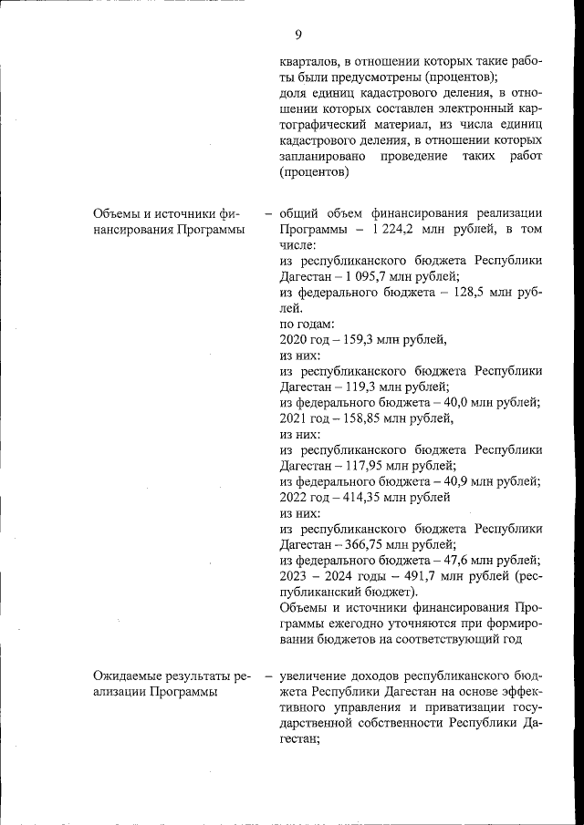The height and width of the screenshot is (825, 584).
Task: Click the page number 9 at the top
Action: click(298, 35)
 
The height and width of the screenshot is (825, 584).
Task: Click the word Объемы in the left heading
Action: click(117, 213)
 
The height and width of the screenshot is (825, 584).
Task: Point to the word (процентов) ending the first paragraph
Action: click(315, 172)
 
